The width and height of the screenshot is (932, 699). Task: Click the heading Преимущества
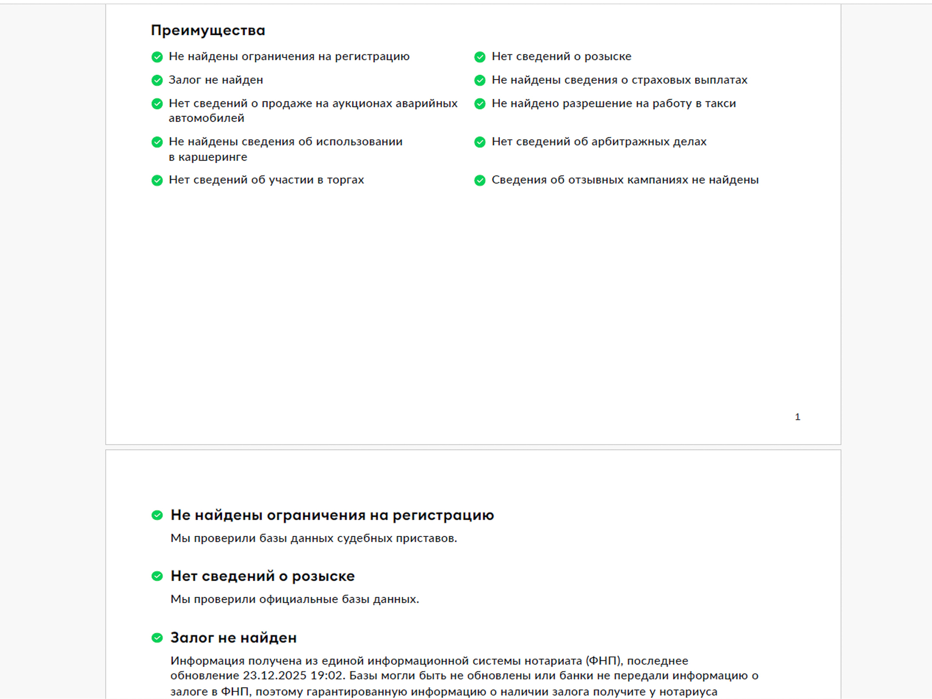tap(208, 31)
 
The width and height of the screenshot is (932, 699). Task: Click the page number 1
tap(797, 417)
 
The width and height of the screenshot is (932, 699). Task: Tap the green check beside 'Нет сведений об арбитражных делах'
tap(480, 142)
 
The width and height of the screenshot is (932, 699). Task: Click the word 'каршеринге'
tap(213, 157)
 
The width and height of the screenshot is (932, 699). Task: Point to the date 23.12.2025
tap(274, 676)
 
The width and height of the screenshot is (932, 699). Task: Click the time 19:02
tap(328, 676)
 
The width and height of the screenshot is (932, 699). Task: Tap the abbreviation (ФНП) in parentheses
tap(604, 661)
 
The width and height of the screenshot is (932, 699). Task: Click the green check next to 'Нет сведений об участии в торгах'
tap(157, 180)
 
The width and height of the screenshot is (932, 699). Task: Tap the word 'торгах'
tap(345, 180)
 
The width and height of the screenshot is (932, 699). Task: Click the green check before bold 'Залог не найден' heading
tap(157, 638)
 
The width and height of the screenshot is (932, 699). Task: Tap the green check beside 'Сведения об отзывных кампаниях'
tap(480, 180)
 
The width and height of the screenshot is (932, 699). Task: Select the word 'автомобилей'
tap(206, 118)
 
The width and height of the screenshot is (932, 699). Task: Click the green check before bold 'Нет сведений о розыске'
tap(157, 576)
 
